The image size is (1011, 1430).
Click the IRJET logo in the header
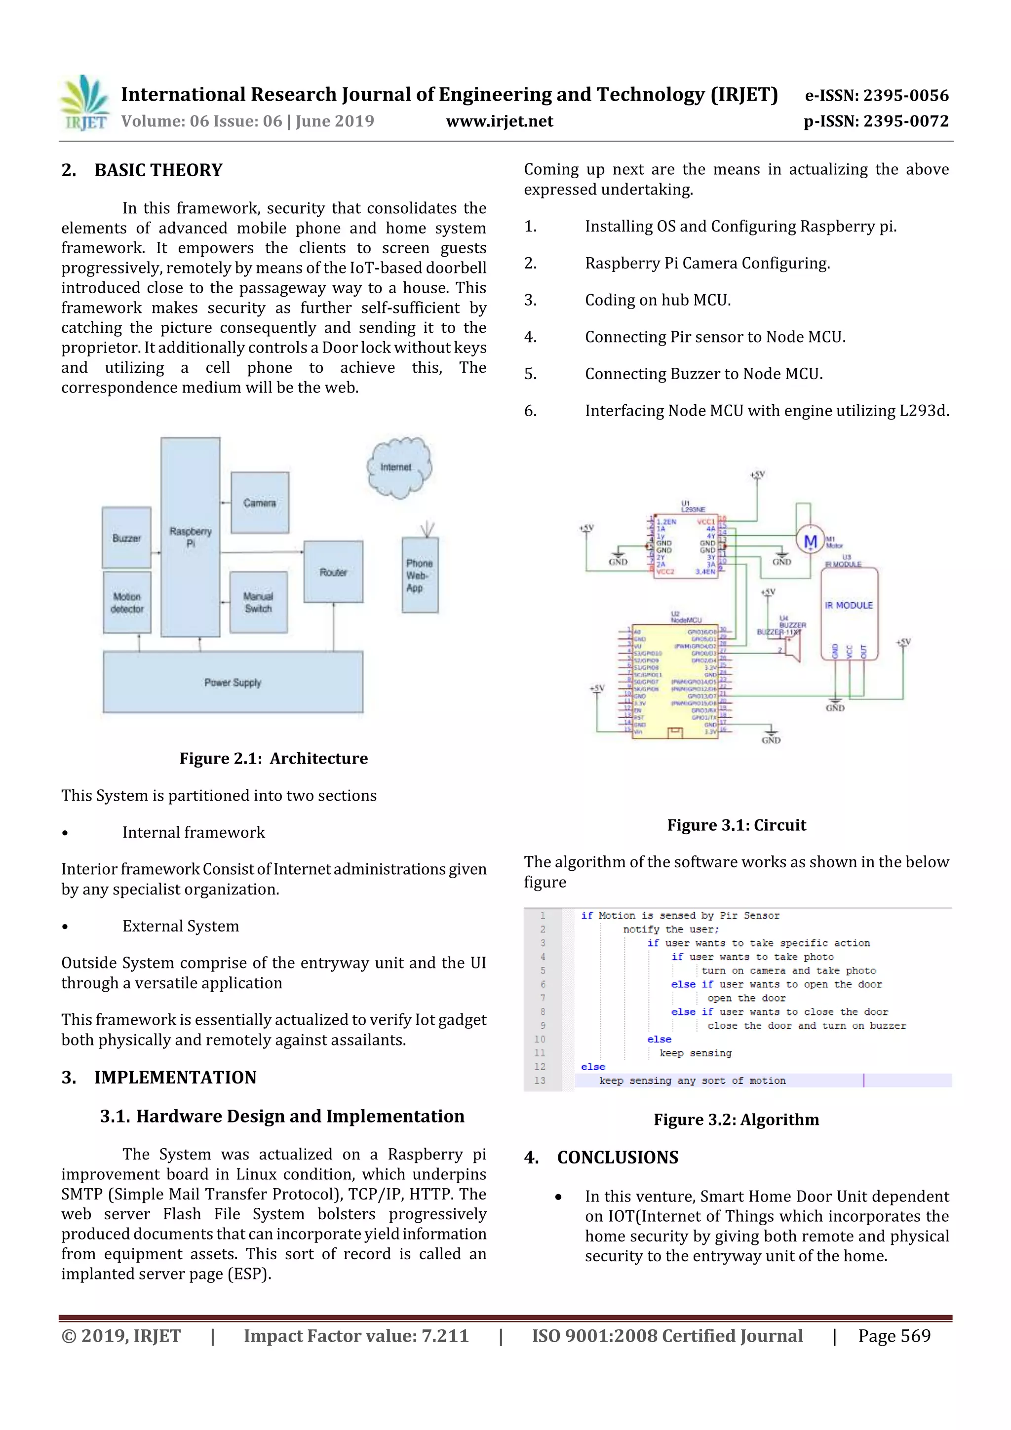(85, 103)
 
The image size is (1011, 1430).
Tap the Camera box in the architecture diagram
(260, 502)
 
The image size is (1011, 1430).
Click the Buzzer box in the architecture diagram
(126, 538)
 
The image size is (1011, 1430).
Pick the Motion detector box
(127, 602)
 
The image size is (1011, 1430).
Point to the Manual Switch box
(259, 602)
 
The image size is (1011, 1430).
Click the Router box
(333, 572)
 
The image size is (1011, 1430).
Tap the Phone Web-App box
(420, 575)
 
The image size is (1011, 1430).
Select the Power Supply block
(233, 682)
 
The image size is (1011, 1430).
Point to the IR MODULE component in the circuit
(849, 614)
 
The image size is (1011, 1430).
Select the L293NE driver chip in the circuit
(685, 546)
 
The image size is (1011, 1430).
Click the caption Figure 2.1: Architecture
(273, 758)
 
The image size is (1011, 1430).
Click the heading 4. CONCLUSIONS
(601, 1157)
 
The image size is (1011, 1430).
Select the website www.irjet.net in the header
(500, 121)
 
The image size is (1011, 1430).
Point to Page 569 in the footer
(894, 1335)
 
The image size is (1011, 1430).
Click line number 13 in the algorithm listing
(540, 1081)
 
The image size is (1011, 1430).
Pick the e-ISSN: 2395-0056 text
(876, 95)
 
